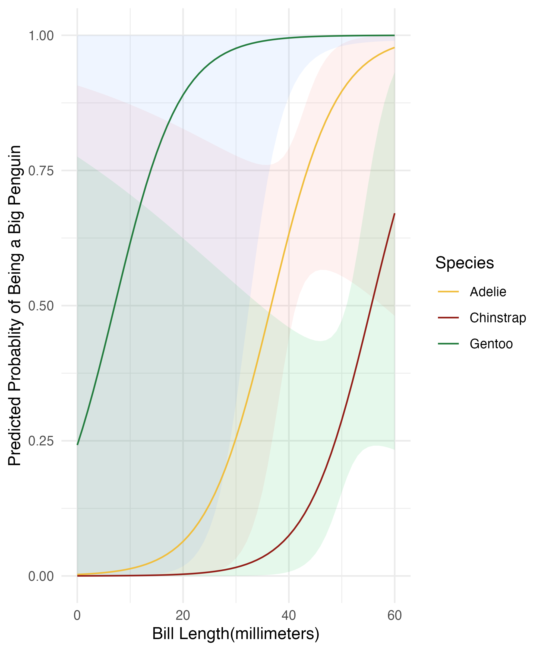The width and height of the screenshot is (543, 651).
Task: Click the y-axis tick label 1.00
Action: [41, 36]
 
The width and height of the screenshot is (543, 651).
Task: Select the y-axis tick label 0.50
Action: [41, 306]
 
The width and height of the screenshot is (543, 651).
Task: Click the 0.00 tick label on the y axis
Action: [41, 576]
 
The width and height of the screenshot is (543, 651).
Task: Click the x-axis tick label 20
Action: [183, 615]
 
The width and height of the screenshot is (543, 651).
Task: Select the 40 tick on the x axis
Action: [289, 615]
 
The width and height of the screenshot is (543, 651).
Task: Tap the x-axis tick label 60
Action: [394, 615]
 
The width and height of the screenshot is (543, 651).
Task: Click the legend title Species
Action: [464, 263]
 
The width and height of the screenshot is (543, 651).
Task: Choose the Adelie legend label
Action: [488, 292]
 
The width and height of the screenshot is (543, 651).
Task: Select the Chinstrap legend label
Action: [498, 318]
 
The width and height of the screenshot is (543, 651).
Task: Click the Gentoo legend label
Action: [491, 344]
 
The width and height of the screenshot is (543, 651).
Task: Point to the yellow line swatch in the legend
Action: [448, 292]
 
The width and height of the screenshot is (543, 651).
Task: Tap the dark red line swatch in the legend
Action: [448, 318]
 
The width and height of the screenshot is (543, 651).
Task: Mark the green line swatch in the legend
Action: [448, 344]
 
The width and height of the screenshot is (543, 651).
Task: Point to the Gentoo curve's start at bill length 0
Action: [77, 445]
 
